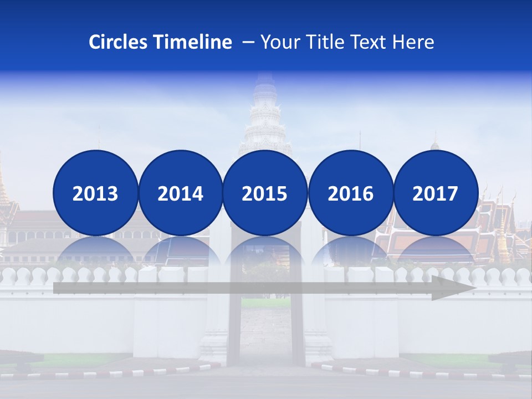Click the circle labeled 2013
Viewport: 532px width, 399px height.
(95, 193)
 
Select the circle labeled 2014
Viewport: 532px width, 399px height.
(180, 193)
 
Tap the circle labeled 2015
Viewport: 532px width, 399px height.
(265, 193)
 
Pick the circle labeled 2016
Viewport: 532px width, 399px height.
(350, 193)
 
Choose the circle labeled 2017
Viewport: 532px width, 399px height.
(435, 193)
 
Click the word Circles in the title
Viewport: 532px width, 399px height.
(119, 42)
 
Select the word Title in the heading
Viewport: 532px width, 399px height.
(323, 42)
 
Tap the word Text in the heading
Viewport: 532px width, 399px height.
(370, 42)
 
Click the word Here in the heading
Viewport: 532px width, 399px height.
(413, 42)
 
